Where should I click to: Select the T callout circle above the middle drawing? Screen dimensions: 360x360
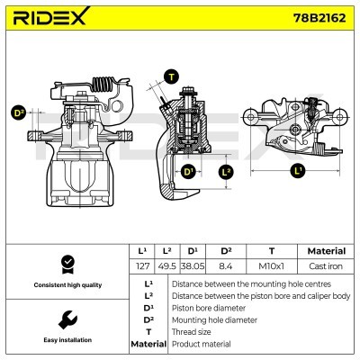point(172,77)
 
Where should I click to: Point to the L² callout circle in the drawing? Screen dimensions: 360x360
point(226,170)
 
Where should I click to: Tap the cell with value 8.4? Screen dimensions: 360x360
point(226,266)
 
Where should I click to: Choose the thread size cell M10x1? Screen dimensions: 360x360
point(271,266)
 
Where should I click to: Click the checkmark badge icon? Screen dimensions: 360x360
point(67,263)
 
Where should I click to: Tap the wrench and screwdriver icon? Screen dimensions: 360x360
point(67,319)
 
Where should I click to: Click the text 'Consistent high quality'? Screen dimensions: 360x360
point(67,285)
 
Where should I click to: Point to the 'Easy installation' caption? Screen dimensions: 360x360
point(67,341)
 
